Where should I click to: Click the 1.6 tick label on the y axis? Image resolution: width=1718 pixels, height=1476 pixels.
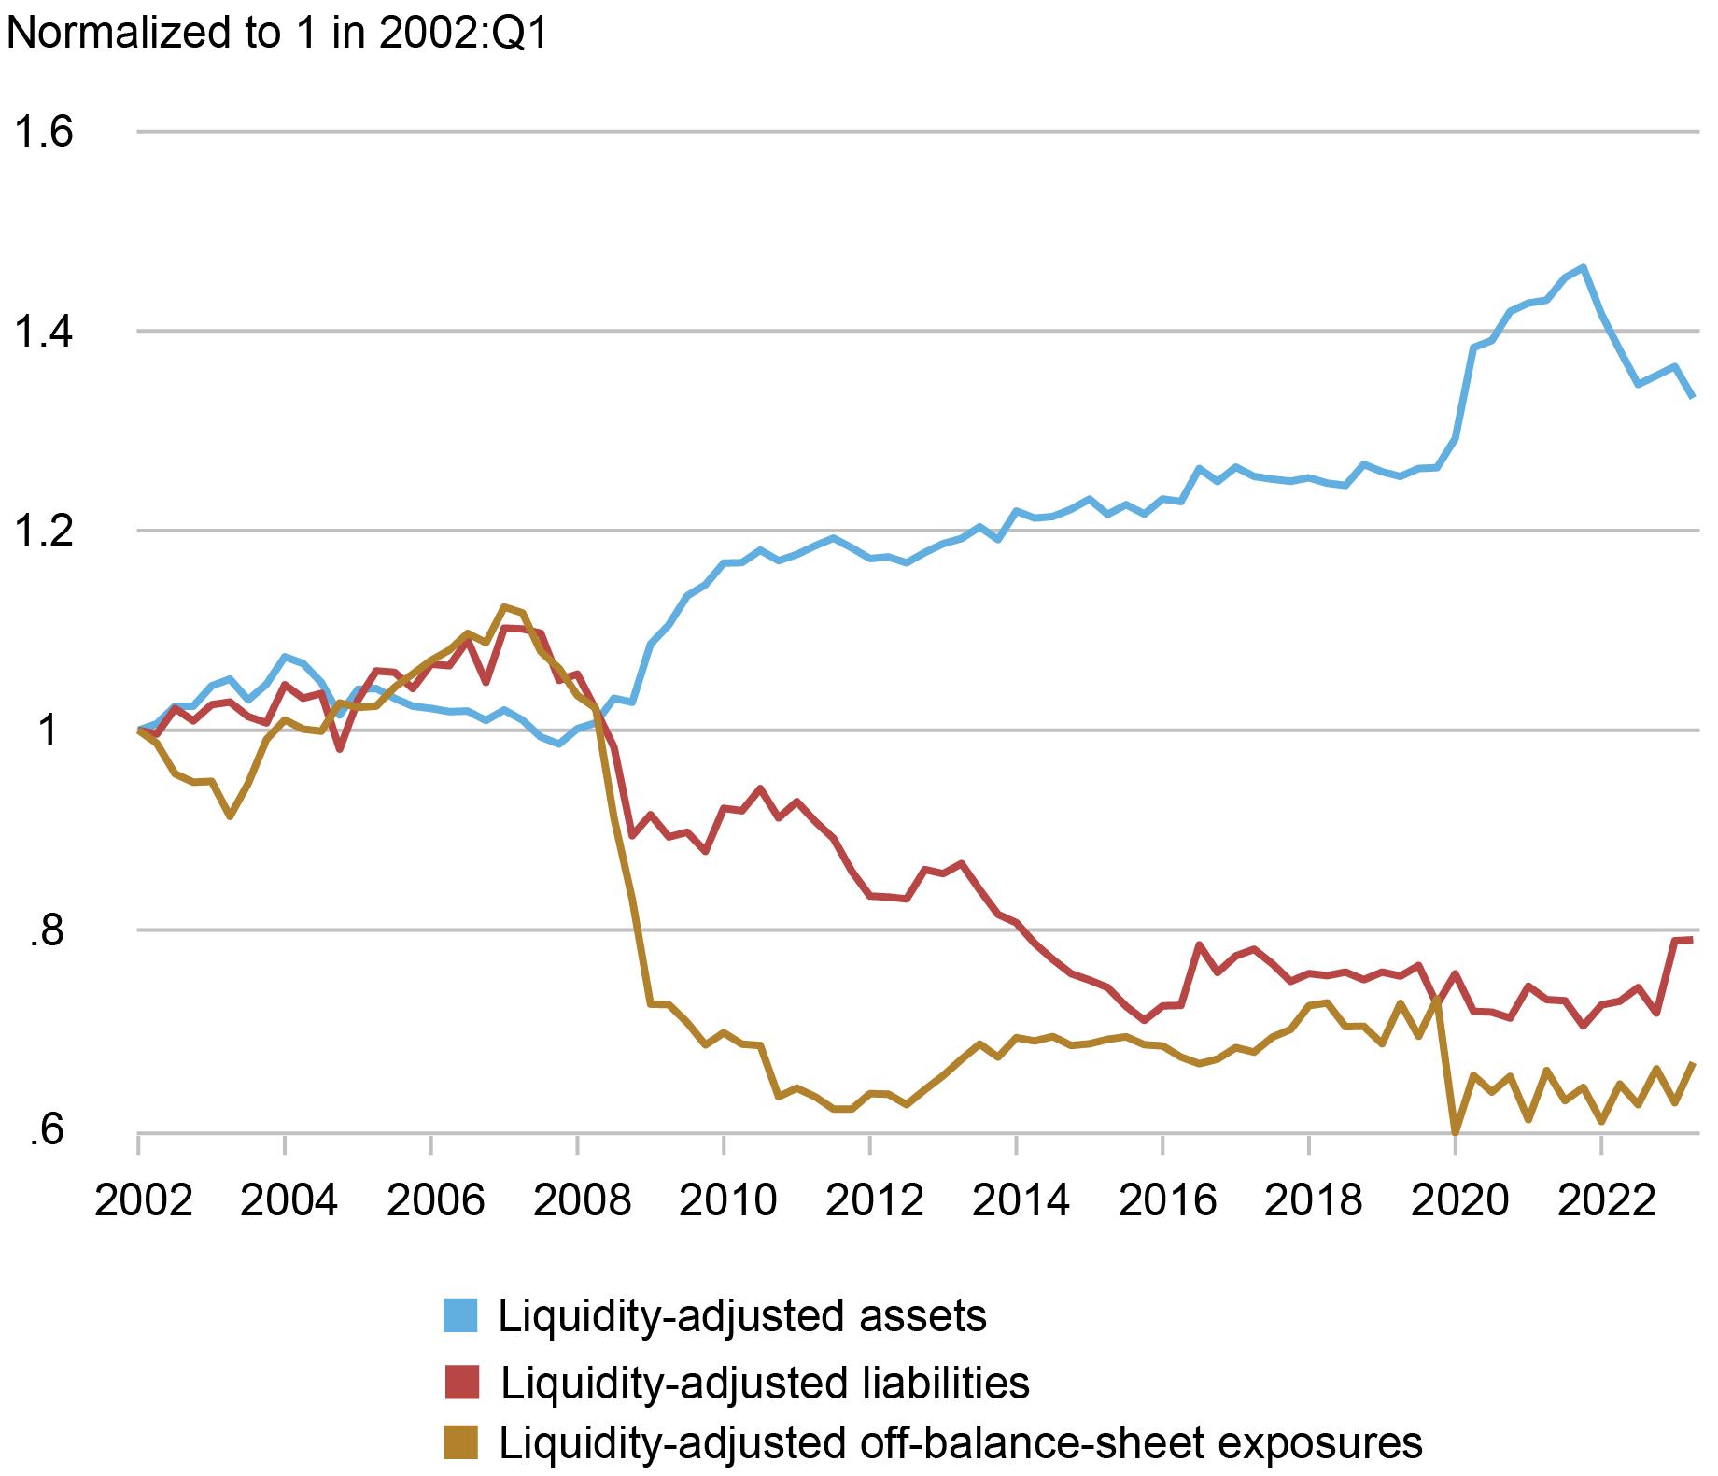point(43,132)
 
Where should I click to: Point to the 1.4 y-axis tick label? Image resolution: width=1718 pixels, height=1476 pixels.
point(43,332)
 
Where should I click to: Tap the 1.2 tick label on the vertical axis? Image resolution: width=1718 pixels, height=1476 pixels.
point(43,532)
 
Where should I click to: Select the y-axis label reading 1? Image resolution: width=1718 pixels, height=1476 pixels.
point(49,731)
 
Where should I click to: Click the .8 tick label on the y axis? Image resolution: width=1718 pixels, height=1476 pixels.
point(47,931)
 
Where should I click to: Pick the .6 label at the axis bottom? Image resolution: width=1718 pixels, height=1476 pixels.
point(47,1131)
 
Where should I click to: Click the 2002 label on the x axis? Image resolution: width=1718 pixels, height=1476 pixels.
point(143,1199)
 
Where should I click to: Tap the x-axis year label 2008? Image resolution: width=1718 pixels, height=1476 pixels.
point(582,1199)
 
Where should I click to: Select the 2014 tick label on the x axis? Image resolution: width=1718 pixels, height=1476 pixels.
point(1021,1199)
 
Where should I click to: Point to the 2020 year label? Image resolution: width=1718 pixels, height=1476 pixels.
point(1459,1199)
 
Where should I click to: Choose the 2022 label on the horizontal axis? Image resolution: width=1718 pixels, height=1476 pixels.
point(1606,1199)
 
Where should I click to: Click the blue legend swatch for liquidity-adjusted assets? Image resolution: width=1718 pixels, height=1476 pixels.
point(460,1315)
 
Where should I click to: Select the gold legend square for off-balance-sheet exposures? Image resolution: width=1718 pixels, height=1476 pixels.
point(460,1443)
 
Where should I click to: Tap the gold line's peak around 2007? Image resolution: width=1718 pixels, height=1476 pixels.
point(504,607)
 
